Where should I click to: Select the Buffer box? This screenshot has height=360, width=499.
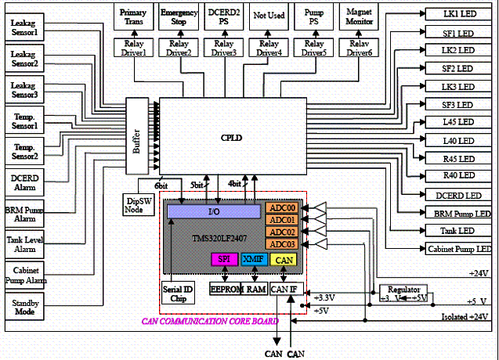click(136, 137)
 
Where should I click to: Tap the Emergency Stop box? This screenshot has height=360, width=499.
click(179, 18)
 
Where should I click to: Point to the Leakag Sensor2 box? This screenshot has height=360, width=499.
click(25, 59)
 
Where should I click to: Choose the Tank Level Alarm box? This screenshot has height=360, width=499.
click(25, 239)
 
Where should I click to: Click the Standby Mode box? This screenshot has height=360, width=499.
click(25, 308)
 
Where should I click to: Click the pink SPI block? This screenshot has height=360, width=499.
click(223, 259)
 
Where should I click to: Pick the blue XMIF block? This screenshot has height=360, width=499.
click(253, 259)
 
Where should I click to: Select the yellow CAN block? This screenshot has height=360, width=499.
click(284, 259)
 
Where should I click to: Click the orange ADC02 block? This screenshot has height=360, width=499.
click(280, 232)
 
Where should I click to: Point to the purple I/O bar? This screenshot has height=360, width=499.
click(214, 211)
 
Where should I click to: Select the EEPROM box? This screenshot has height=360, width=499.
click(227, 289)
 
